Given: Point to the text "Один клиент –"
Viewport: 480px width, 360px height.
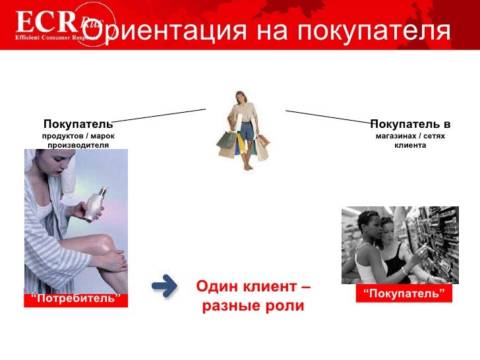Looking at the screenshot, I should point(253,288).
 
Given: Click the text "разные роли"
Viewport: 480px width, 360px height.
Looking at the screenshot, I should point(253,307).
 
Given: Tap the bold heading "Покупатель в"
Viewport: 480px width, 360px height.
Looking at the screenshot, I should point(410,124).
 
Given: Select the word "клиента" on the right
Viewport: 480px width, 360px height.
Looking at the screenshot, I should point(410,145).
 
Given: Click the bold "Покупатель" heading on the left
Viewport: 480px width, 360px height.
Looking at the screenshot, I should point(78,124).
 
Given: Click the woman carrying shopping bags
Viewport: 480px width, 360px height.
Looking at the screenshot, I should point(244,129).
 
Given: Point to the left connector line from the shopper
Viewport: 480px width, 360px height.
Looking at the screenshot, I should point(158,115).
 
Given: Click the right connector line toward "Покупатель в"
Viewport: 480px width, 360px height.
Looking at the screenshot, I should point(330,117).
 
